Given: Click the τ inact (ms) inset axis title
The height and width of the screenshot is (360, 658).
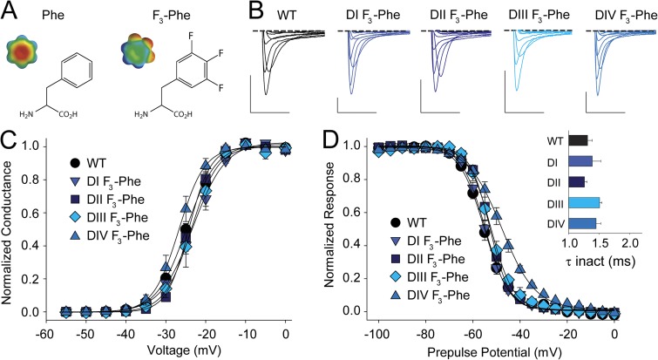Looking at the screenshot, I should [x=598, y=258].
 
